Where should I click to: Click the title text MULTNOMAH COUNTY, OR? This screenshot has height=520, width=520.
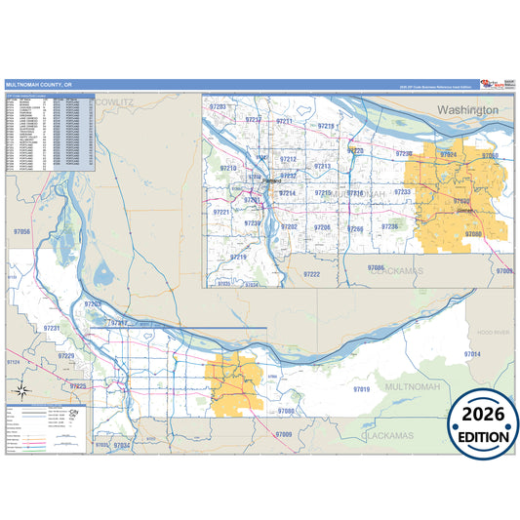tap(38, 85)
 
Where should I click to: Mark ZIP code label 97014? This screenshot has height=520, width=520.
tap(472, 353)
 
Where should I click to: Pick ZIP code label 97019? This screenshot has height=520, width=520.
tap(361, 389)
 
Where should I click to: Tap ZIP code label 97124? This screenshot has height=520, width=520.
tap(14, 362)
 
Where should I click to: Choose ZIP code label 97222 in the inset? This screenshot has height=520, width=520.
tap(311, 274)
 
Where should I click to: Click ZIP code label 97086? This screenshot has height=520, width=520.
tap(377, 266)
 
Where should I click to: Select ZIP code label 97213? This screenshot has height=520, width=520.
tap(322, 167)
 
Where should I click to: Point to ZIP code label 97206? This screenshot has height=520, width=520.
tap(322, 227)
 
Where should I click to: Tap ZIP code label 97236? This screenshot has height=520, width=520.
tap(389, 226)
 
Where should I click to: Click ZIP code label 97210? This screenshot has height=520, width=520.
tap(228, 169)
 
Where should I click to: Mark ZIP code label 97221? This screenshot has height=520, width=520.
tap(220, 212)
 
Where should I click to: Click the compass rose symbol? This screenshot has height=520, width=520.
tap(21, 391)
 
